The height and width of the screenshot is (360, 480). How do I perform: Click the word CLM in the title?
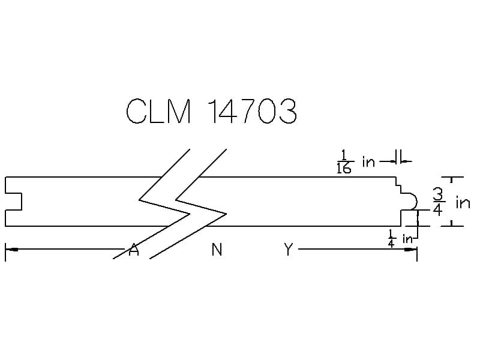tap(158, 111)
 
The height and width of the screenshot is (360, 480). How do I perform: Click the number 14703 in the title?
tap(253, 111)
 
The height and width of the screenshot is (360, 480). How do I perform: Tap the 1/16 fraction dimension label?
tap(344, 161)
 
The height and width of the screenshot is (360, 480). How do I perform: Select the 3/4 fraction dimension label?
tap(438, 202)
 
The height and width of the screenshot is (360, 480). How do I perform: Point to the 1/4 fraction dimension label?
tap(391, 238)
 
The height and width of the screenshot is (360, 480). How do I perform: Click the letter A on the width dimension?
tap(133, 250)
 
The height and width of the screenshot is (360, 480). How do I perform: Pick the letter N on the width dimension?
tap(217, 250)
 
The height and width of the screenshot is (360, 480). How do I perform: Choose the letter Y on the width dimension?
tap(289, 250)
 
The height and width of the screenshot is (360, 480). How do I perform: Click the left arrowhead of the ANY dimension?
tap(11, 250)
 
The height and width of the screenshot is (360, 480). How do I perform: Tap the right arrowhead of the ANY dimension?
tap(410, 250)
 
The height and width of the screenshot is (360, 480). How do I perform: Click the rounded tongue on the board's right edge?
tap(410, 202)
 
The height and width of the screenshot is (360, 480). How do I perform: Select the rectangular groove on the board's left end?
tap(13, 202)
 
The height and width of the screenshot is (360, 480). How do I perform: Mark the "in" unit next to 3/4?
tap(463, 203)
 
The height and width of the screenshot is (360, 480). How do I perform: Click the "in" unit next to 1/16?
tap(368, 161)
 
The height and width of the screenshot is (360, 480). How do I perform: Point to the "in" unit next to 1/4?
tap(408, 239)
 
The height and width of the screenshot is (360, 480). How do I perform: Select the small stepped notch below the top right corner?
tap(398, 185)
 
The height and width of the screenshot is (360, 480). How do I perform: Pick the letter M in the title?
tap(179, 111)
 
